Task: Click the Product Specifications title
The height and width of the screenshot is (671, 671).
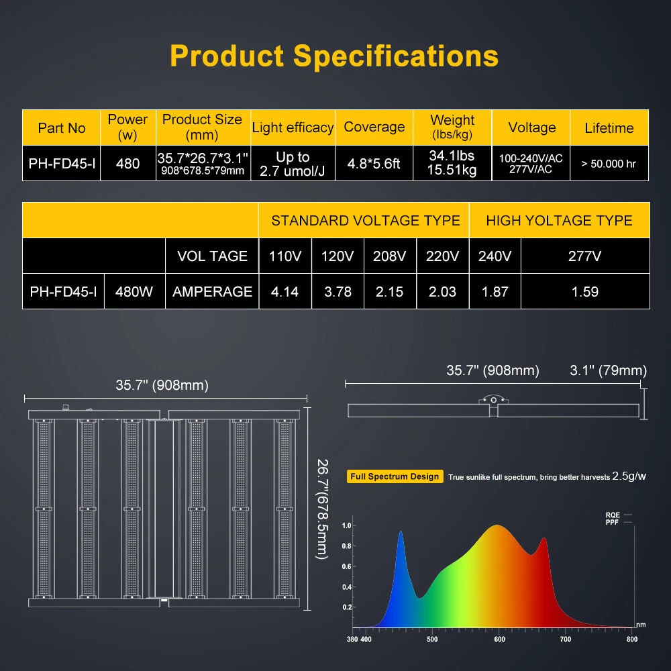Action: click(334, 56)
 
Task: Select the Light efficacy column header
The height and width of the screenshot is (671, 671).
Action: click(293, 127)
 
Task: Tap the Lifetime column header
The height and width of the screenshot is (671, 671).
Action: click(609, 127)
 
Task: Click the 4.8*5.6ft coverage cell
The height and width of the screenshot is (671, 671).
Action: click(374, 163)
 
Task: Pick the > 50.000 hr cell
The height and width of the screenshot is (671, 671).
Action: click(609, 163)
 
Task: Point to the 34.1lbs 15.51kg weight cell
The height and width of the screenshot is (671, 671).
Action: click(452, 163)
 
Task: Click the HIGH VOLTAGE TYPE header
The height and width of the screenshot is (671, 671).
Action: click(559, 220)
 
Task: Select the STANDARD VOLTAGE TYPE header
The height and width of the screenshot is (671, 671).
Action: click(365, 220)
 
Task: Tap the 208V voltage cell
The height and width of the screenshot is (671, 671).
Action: click(390, 256)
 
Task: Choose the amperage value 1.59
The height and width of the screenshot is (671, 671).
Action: click(584, 291)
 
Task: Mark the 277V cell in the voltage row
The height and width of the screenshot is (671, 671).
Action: click(584, 256)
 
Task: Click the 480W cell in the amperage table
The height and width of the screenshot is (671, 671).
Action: click(135, 291)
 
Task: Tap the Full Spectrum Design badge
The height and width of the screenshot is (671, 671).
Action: click(395, 476)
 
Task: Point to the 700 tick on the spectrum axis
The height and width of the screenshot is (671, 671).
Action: click(565, 639)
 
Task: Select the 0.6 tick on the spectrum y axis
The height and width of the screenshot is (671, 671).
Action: click(347, 566)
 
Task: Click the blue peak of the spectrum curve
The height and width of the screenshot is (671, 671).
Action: click(401, 534)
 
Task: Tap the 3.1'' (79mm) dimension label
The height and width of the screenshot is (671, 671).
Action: click(608, 370)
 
